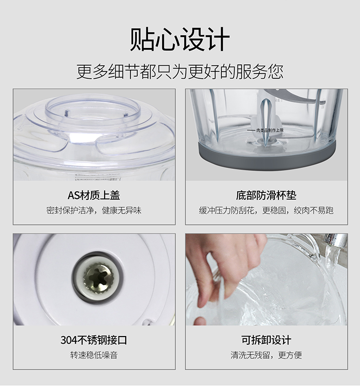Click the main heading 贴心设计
(x=180, y=39)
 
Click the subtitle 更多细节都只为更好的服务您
(x=180, y=72)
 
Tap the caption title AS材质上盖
(x=94, y=195)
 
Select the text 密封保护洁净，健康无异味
(x=94, y=210)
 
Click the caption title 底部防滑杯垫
(x=266, y=195)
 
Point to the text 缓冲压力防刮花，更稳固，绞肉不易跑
(x=266, y=210)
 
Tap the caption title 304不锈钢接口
(x=94, y=340)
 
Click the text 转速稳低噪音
(x=94, y=355)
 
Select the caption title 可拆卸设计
(x=266, y=340)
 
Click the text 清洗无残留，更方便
(x=266, y=355)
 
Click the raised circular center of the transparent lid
(x=93, y=113)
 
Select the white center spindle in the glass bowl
(x=265, y=118)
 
